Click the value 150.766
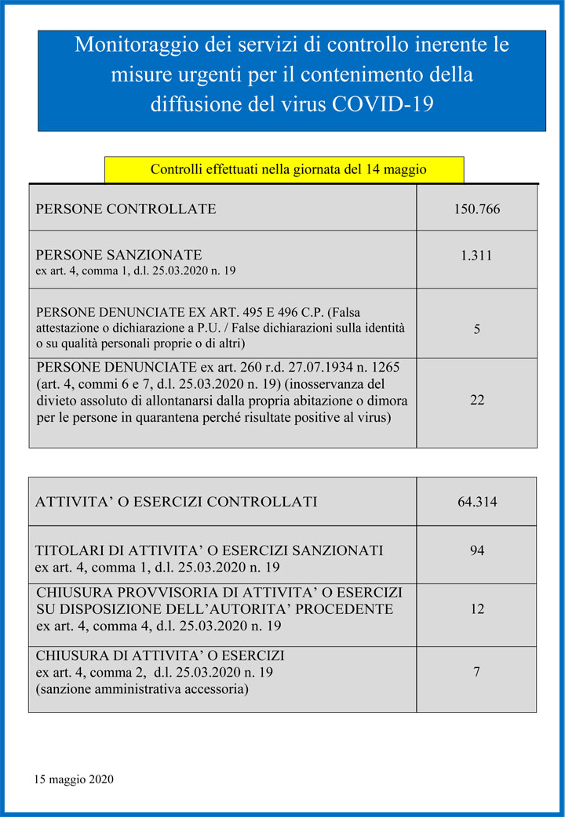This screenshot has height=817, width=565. coord(476,209)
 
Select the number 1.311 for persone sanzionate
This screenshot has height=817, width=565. coord(476,256)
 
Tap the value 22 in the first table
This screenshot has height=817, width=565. coord(476,400)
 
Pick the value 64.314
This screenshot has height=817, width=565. coord(477,502)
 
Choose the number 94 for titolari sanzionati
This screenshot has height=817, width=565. coord(477,550)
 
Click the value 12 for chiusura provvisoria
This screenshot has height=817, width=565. coord(477,609)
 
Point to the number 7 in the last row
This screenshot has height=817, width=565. coord(477,672)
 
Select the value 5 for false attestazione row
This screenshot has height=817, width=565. coord(477,329)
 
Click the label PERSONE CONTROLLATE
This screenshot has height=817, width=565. coord(126,209)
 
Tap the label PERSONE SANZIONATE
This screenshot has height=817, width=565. coord(118,255)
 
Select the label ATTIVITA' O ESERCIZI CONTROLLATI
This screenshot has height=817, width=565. coord(177,502)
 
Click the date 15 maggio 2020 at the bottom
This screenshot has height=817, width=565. coord(75,779)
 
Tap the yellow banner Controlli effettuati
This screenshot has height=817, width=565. coord(284,169)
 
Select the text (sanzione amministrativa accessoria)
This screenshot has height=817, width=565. coord(142,690)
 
